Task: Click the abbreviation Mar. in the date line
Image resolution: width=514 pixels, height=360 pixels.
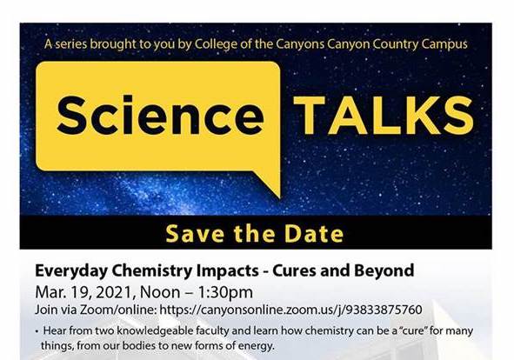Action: [x=48, y=291]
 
